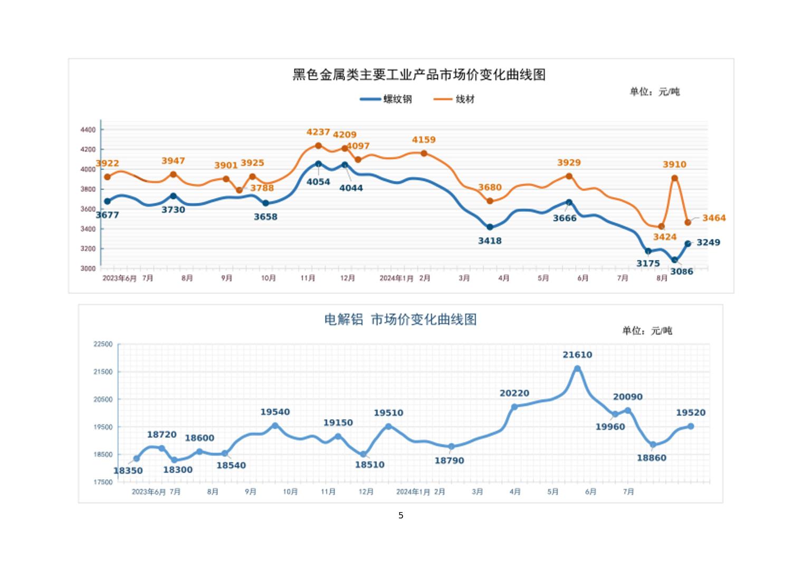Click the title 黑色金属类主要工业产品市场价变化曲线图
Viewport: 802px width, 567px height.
tap(419, 74)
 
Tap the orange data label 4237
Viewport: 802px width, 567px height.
tap(318, 132)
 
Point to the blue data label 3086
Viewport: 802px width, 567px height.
tap(681, 271)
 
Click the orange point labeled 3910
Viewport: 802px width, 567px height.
tap(674, 178)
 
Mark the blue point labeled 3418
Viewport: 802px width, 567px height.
tap(490, 227)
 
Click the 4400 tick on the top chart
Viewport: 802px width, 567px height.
tap(88, 129)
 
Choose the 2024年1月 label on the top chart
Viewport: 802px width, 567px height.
tap(396, 278)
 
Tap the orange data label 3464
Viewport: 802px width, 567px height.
tap(713, 218)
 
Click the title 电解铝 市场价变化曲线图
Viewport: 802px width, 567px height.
tap(400, 319)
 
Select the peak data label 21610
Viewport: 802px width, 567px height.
tap(577, 355)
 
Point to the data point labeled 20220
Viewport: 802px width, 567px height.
tap(514, 407)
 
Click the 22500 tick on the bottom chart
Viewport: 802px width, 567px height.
tap(103, 344)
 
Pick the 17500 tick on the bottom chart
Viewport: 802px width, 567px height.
tap(103, 482)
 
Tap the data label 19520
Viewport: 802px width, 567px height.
tap(691, 413)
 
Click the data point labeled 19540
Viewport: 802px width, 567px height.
tap(275, 426)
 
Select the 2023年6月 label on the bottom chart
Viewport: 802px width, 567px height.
tap(148, 492)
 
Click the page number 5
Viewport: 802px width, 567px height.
tap(401, 515)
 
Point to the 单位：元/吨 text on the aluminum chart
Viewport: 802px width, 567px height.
tap(647, 330)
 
